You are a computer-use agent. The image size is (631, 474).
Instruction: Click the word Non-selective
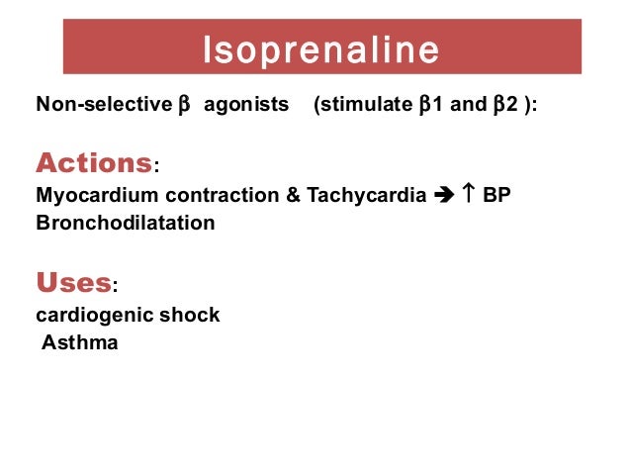tap(103, 104)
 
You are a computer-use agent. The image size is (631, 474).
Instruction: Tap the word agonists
tap(247, 104)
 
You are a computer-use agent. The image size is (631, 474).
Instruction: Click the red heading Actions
tap(94, 161)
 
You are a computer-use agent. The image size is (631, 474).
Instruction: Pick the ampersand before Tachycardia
tap(294, 196)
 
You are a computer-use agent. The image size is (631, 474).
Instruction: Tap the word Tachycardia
tap(366, 196)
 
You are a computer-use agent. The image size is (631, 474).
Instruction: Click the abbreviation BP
tap(496, 196)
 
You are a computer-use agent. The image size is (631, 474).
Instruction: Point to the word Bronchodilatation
tap(125, 223)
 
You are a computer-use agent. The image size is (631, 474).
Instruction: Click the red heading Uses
tap(73, 282)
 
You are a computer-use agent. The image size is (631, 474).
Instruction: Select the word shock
tap(190, 316)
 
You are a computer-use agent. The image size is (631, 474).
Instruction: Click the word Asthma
tap(79, 343)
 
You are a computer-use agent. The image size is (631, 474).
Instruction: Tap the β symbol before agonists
tap(182, 104)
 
